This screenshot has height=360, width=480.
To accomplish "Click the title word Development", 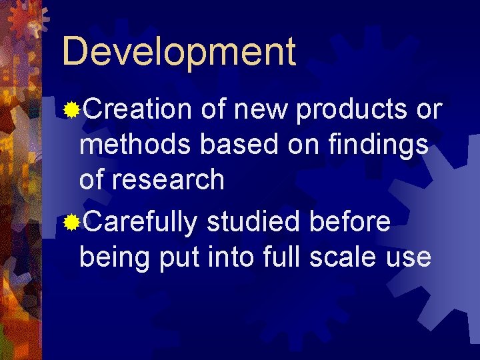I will pyautogui.click(x=179, y=51).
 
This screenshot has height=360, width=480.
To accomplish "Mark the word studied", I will pyautogui.click(x=254, y=222).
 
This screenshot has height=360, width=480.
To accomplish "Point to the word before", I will pyautogui.click(x=351, y=222).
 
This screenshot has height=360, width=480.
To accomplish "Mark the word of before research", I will pyautogui.click(x=93, y=180).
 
